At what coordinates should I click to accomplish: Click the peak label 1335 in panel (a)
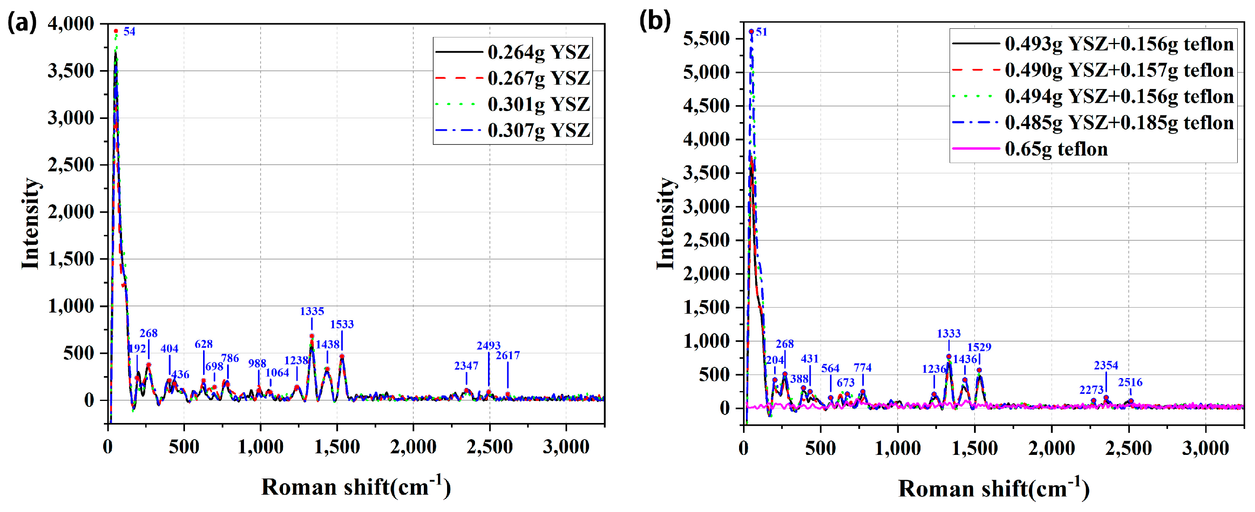point(312,311)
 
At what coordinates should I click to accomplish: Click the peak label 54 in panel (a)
point(129,32)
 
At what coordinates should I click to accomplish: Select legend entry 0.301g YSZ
point(538,104)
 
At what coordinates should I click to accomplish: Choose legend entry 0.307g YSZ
point(538,130)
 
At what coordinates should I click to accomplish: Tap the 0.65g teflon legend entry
point(1056,149)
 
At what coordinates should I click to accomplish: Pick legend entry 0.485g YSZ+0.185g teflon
point(1119,122)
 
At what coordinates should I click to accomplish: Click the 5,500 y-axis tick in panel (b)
point(706,39)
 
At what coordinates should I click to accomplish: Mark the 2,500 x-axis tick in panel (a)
point(489,447)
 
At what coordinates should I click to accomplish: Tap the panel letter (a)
point(22,22)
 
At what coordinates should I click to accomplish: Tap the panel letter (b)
point(655,20)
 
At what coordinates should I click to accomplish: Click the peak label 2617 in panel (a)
point(508,356)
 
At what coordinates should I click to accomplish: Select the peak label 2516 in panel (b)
point(1130,382)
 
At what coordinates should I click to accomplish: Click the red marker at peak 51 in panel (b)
point(751,32)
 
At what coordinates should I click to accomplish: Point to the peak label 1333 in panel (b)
point(948,334)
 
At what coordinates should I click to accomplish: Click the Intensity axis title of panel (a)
point(30,223)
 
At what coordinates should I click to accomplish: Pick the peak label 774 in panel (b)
point(862,368)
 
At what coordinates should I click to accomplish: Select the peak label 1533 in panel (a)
point(342,324)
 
